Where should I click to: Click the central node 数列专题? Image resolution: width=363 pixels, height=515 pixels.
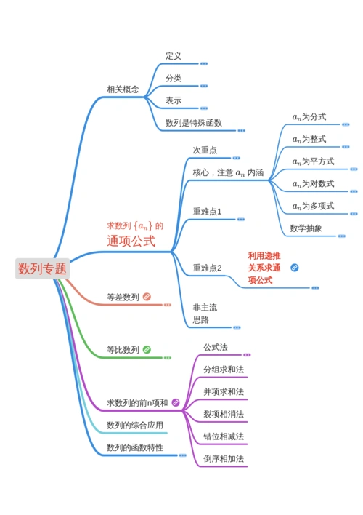point(43,269)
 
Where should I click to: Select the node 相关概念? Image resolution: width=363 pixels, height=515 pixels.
point(123,89)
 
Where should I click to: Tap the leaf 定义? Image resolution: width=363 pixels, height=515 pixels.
point(173,56)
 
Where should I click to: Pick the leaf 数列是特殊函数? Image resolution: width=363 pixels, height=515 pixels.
point(194,123)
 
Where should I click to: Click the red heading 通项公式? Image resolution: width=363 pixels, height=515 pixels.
point(131,241)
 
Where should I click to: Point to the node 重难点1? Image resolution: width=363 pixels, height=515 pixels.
point(207,212)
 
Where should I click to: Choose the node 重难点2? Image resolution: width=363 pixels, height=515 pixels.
point(207,268)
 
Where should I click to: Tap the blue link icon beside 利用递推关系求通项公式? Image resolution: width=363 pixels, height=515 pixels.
point(295,268)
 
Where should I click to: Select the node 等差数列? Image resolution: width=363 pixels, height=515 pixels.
point(123,297)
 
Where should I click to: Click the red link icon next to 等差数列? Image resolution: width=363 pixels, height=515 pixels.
point(147,297)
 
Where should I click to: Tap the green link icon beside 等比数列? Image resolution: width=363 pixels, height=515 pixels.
point(147,350)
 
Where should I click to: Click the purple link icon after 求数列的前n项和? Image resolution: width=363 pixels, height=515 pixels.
point(175,402)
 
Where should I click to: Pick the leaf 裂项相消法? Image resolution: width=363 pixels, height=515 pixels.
point(224,414)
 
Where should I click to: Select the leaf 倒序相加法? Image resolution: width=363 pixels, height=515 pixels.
point(224,459)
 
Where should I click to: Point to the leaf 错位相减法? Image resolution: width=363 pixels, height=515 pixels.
point(224,436)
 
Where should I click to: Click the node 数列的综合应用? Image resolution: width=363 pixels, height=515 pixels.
point(135,425)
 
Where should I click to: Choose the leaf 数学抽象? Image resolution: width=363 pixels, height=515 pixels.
point(306,228)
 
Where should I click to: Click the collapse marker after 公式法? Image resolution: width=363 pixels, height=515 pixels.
point(247,355)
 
